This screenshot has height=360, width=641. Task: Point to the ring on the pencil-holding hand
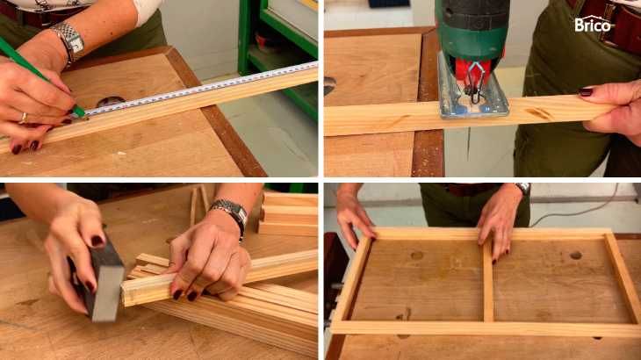(24, 118)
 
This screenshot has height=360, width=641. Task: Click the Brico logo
(594, 24)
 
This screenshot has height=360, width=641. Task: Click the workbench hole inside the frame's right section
(576, 256)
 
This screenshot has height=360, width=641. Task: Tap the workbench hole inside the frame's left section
(416, 256)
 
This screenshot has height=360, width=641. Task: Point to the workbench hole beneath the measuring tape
(111, 101)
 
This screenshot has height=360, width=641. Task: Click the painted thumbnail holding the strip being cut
(586, 92)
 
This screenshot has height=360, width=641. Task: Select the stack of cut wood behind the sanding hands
(288, 215)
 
